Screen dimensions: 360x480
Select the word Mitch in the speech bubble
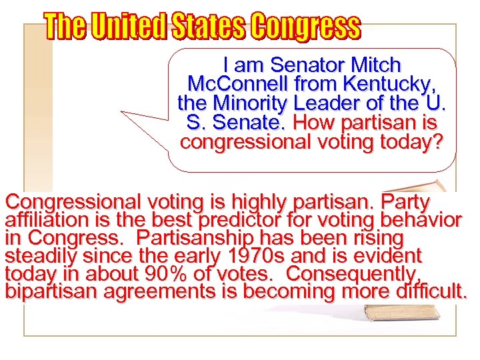[x=375, y=65]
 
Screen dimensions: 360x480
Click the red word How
[x=307, y=123]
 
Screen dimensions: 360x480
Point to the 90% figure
[x=175, y=274]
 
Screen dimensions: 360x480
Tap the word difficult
[x=432, y=292]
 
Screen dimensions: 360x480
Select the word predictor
[x=270, y=220]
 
